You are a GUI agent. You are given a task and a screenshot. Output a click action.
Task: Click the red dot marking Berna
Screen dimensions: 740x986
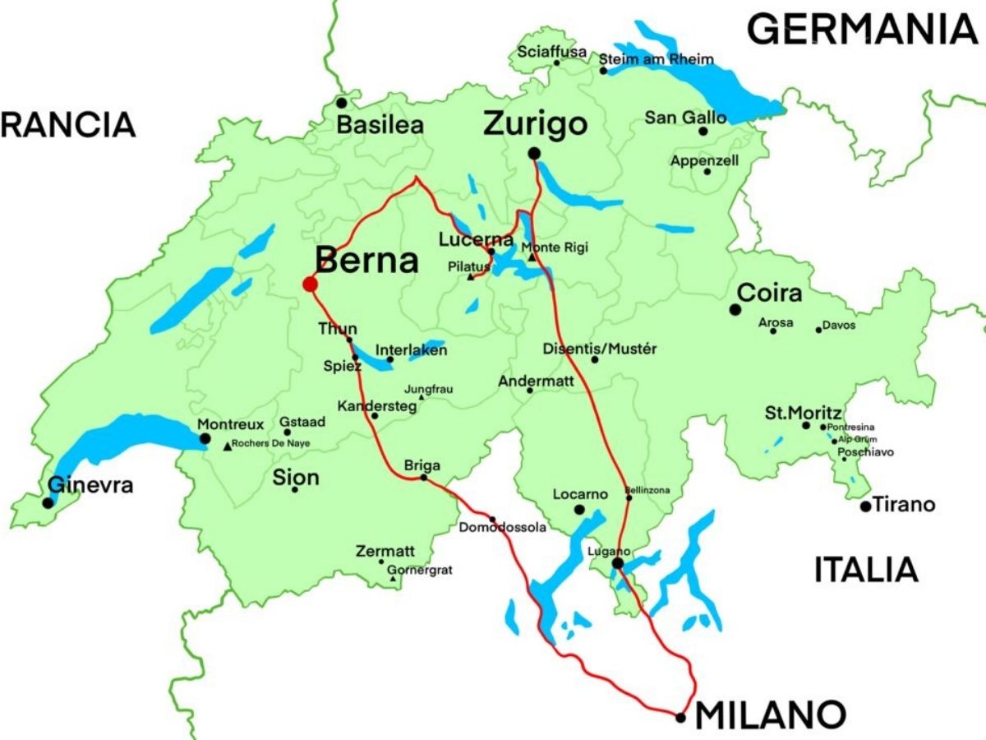pyautogui.click(x=310, y=284)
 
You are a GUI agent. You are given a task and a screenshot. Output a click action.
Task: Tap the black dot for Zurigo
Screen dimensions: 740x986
pyautogui.click(x=534, y=153)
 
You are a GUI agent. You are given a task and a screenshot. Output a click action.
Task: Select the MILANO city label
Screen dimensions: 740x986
pyautogui.click(x=771, y=715)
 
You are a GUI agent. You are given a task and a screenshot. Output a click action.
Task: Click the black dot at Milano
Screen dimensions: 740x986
pyautogui.click(x=680, y=718)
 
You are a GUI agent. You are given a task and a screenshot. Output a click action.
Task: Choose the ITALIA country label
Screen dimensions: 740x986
pyautogui.click(x=865, y=570)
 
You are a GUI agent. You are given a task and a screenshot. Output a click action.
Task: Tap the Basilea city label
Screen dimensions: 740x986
pyautogui.click(x=380, y=126)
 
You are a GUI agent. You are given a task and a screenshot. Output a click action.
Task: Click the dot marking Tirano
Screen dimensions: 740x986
pyautogui.click(x=865, y=506)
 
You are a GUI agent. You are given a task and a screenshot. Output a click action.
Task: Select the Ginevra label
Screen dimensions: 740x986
pyautogui.click(x=90, y=485)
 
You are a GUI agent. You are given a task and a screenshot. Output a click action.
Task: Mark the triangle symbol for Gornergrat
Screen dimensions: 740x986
pyautogui.click(x=394, y=580)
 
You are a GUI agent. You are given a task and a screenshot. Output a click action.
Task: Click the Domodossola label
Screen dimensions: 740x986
pyautogui.click(x=503, y=528)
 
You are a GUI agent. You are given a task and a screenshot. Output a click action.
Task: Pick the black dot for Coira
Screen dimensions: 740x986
pyautogui.click(x=735, y=309)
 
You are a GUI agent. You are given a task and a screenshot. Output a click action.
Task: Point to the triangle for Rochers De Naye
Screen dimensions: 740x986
pyautogui.click(x=227, y=446)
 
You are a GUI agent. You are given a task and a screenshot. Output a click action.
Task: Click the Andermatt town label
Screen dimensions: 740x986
pyautogui.click(x=536, y=381)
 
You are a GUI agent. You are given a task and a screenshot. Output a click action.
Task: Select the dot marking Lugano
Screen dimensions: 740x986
pyautogui.click(x=617, y=563)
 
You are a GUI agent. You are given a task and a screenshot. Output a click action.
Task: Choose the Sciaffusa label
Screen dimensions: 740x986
pyautogui.click(x=552, y=52)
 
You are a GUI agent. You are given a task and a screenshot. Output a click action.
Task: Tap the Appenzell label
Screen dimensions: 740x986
pyautogui.click(x=704, y=160)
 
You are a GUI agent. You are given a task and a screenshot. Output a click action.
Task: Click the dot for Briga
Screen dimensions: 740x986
pyautogui.click(x=424, y=477)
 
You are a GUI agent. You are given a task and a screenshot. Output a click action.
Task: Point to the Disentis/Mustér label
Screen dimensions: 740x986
pyautogui.click(x=600, y=349)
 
